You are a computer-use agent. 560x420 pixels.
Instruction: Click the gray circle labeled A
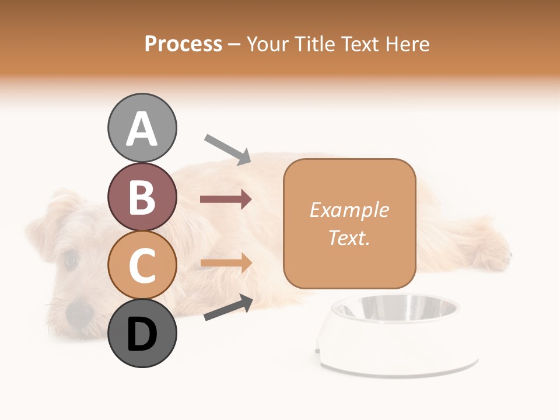point(142,128)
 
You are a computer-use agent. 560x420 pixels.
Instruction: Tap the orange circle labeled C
point(142,264)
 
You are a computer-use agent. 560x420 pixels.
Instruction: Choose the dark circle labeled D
point(142,333)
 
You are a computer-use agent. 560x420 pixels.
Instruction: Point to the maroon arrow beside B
point(226,199)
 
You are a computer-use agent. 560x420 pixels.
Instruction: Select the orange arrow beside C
point(226,263)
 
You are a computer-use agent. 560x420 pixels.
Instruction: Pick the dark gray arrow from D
point(228,308)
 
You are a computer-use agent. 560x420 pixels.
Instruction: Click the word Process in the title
point(183,44)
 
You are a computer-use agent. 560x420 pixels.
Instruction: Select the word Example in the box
point(349,210)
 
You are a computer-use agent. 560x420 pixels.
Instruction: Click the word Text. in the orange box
point(349,237)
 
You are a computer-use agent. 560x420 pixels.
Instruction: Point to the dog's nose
point(79,313)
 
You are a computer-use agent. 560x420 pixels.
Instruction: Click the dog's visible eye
point(71,260)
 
